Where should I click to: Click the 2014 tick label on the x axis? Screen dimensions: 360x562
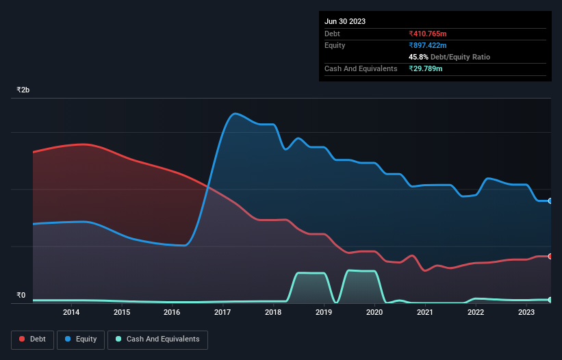[71, 313]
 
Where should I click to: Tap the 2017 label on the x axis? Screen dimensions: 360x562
[222, 313]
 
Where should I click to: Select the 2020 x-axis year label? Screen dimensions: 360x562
[374, 313]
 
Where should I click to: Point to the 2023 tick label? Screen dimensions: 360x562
[526, 313]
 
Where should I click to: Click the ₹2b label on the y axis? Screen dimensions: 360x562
[23, 90]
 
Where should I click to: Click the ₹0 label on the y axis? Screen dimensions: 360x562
[21, 296]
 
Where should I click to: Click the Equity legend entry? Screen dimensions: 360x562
[81, 339]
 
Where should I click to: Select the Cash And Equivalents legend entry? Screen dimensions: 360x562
[157, 339]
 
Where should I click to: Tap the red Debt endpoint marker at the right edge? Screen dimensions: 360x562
[550, 256]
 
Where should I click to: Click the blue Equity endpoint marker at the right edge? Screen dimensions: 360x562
[550, 201]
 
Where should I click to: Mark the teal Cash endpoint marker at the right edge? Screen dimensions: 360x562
[550, 300]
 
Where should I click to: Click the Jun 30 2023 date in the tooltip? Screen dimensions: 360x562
[345, 21]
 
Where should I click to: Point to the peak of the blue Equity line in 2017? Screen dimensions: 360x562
[235, 113]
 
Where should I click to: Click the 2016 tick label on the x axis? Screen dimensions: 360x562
[172, 313]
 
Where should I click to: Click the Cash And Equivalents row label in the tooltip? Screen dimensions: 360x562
[361, 68]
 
